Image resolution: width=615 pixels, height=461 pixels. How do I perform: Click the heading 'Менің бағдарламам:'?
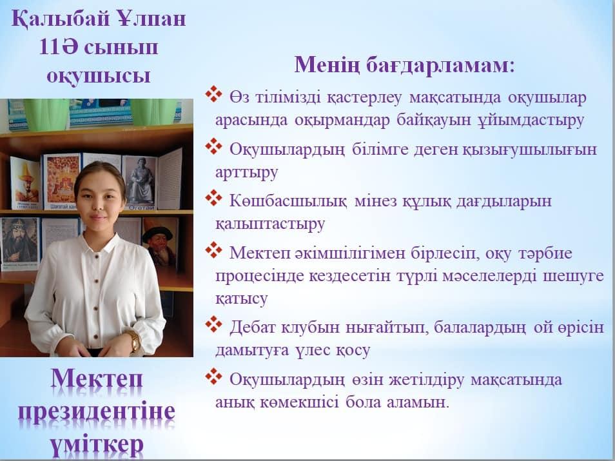(x=404, y=64)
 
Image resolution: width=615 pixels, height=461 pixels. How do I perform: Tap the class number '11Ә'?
(x=58, y=47)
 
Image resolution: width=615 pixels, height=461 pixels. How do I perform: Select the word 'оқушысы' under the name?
(x=99, y=75)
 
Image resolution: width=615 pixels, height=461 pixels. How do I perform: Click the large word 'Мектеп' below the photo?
(x=97, y=379)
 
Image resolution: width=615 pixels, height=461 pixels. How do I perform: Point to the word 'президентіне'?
(x=97, y=411)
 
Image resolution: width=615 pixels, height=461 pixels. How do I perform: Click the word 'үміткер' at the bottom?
(x=97, y=444)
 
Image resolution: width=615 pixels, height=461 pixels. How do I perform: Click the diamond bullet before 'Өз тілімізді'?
(x=214, y=94)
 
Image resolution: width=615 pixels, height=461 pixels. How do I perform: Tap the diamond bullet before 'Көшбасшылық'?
(x=214, y=198)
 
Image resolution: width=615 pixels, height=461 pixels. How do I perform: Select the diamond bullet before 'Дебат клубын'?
(x=214, y=324)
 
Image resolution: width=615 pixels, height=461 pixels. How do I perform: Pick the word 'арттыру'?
(x=246, y=173)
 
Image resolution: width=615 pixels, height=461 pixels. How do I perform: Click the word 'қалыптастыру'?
(x=270, y=224)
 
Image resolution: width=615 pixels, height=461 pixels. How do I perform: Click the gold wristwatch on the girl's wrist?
(x=133, y=340)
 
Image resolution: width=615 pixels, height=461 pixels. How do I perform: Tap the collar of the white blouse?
(x=100, y=243)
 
